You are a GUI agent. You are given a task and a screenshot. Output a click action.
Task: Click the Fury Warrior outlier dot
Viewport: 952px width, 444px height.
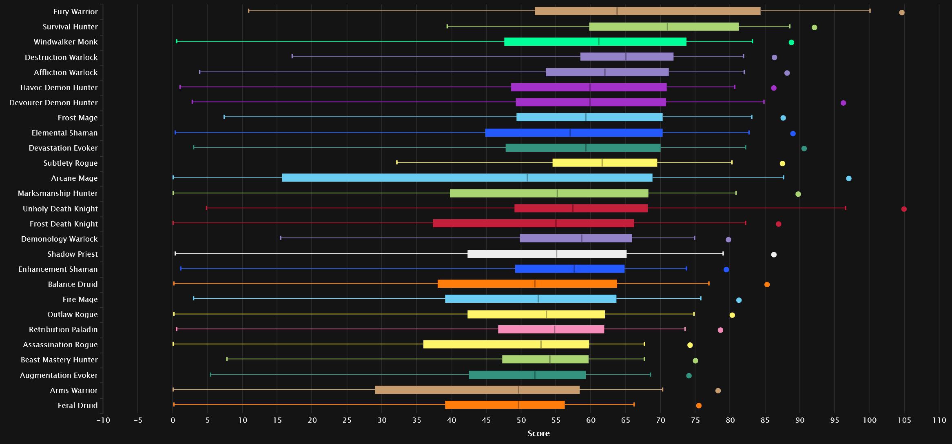pos(902,13)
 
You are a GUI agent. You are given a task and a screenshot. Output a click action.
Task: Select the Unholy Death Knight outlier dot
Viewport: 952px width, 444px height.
pos(904,209)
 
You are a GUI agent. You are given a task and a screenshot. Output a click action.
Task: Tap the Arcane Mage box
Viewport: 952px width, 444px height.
pos(467,178)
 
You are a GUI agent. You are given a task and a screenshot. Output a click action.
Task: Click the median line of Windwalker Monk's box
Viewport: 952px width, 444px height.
pos(598,42)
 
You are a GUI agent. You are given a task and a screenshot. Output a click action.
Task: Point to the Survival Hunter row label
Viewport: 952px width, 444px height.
pos(70,27)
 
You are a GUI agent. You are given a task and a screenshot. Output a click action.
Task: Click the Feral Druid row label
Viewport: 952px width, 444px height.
pos(77,406)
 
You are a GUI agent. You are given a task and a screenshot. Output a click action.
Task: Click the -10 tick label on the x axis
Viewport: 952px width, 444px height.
pos(103,421)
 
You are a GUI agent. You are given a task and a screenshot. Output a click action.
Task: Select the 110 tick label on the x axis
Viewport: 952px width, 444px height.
pos(939,421)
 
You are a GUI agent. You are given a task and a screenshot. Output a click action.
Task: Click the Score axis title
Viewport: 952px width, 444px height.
pos(538,434)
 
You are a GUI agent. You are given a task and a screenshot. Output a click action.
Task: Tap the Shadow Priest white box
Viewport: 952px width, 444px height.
pos(547,254)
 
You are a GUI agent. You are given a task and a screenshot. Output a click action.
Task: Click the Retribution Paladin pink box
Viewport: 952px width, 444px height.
pos(551,329)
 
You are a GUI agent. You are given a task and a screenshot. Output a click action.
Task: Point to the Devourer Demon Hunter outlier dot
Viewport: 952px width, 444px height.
pos(843,103)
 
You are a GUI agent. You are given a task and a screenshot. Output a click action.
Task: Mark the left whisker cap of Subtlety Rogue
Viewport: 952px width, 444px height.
pos(397,162)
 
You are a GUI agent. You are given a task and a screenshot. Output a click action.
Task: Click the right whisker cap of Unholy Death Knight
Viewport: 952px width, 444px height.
pos(845,208)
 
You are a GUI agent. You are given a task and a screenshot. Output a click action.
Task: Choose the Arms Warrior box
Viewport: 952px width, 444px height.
pos(477,390)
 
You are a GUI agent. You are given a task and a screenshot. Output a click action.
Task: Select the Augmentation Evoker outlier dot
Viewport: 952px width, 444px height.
pos(689,376)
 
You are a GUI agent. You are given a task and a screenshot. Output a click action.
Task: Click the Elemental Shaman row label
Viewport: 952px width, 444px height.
pos(64,133)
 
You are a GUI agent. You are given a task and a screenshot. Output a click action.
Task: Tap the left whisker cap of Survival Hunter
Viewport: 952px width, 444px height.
pos(447,27)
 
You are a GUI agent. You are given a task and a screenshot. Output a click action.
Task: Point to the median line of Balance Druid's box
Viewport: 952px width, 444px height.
pos(535,284)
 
